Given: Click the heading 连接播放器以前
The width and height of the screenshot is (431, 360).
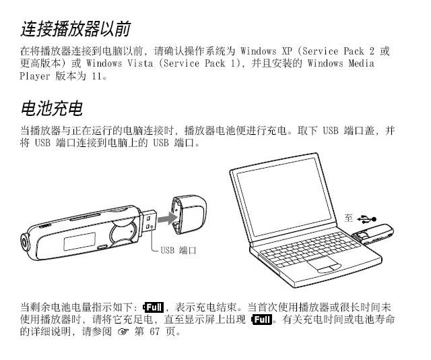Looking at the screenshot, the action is point(75,28).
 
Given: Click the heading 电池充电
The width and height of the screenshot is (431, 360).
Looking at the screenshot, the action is point(51,108).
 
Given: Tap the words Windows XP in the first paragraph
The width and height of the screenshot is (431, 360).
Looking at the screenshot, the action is point(266,51).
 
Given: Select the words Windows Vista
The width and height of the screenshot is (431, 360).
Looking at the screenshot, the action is point(120,63).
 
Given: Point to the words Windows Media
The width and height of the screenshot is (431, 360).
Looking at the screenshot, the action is point(341,63).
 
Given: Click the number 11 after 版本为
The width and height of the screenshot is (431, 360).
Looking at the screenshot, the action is point(97,76).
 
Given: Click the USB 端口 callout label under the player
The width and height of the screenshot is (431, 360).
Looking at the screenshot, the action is point(178,250).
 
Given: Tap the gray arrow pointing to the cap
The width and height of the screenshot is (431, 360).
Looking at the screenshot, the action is point(168,219).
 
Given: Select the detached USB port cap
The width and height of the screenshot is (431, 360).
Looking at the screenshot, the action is point(189,214).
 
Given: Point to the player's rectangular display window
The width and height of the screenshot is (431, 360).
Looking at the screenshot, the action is point(79,241).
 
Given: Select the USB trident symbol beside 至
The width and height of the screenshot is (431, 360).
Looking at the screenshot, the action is point(367,219).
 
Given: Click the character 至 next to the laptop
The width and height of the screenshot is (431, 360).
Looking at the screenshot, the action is point(349,218).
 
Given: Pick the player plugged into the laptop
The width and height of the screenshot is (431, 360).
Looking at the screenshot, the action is point(373,234).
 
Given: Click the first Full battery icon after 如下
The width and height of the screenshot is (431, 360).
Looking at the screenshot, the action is point(154,307).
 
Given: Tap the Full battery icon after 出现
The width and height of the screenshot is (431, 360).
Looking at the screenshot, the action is point(262,320).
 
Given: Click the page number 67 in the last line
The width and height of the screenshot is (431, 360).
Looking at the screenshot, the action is point(155,332).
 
